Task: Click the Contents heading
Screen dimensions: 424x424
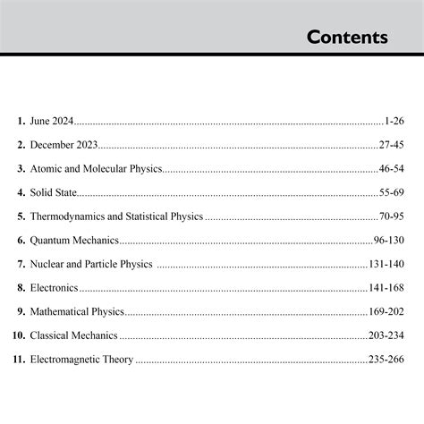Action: [347, 38]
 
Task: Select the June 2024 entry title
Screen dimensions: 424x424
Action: [52, 120]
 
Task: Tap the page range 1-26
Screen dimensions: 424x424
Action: [394, 120]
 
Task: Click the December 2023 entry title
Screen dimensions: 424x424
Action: [64, 144]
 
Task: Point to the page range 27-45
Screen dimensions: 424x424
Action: [391, 144]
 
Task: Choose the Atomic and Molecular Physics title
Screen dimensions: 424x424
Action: [96, 168]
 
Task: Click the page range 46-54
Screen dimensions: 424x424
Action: [391, 168]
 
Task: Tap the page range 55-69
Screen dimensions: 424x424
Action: [391, 192]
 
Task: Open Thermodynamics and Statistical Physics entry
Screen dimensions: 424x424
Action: [116, 216]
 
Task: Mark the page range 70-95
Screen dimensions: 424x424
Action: [391, 216]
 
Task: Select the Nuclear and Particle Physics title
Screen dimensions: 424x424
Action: [91, 264]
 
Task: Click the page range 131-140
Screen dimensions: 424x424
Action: [386, 264]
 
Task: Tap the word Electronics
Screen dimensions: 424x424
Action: [54, 288]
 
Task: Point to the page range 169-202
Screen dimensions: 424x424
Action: [386, 312]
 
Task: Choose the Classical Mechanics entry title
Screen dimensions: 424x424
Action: [73, 336]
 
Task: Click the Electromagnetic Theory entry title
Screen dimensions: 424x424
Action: [81, 360]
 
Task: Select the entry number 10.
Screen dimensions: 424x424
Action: [19, 336]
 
